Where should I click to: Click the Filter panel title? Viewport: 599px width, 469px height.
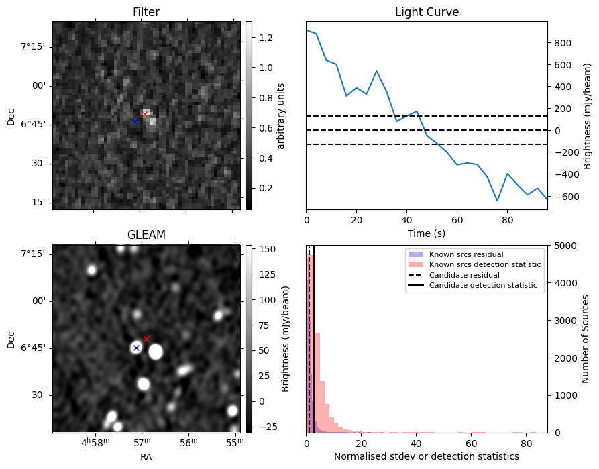[x=146, y=12]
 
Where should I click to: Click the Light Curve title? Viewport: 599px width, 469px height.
[x=427, y=12]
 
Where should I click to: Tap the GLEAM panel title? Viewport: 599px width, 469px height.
[x=146, y=235]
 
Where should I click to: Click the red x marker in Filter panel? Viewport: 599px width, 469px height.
[x=144, y=115]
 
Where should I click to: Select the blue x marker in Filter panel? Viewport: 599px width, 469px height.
[x=135, y=121]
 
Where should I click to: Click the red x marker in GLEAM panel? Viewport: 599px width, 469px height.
[x=146, y=339]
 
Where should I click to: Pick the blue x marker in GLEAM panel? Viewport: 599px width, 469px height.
[x=136, y=348]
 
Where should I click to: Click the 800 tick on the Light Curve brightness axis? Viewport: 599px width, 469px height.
[x=562, y=43]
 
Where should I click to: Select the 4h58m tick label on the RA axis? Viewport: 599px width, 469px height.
[x=95, y=444]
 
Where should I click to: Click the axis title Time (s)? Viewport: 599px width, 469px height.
[x=427, y=233]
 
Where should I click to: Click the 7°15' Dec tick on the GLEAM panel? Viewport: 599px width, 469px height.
[x=33, y=254]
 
